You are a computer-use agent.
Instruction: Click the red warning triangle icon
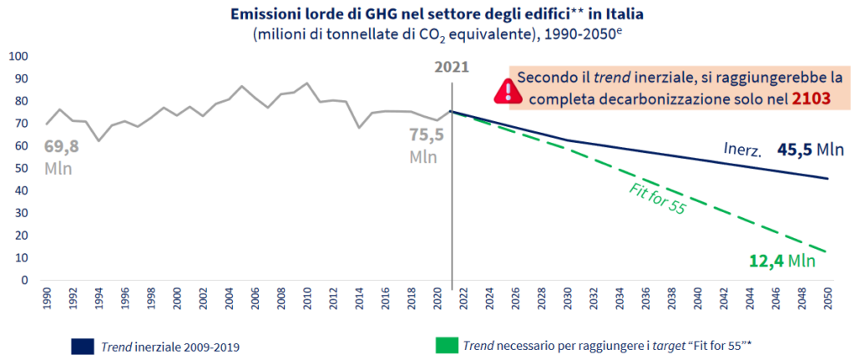pos(506,89)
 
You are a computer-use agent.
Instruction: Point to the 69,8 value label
pos(61,148)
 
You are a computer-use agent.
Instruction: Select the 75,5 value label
pos(425,136)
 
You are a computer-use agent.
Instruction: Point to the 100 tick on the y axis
pos(18,56)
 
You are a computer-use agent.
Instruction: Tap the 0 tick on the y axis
pos(25,281)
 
